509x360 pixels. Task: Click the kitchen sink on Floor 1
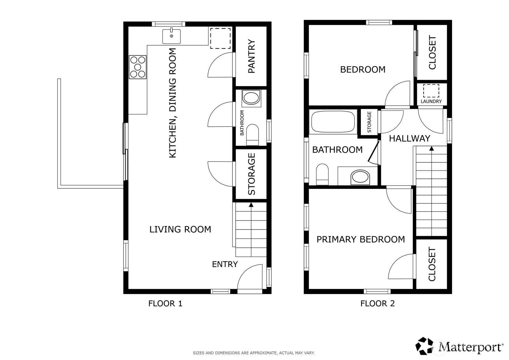pyautogui.click(x=171, y=36)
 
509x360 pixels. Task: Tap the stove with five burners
pyautogui.click(x=138, y=67)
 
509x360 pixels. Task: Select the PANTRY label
pyautogui.click(x=252, y=56)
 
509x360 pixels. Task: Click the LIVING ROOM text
pyautogui.click(x=180, y=229)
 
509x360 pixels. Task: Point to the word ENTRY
pyautogui.click(x=225, y=264)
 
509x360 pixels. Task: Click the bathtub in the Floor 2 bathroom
pyautogui.click(x=333, y=122)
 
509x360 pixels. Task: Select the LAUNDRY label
pyautogui.click(x=431, y=101)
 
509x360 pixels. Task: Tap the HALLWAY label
pyautogui.click(x=409, y=139)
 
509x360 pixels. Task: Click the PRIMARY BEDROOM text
pyautogui.click(x=360, y=239)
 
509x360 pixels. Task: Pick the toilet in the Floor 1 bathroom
pyautogui.click(x=253, y=135)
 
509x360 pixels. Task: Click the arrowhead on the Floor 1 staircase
pyautogui.click(x=251, y=205)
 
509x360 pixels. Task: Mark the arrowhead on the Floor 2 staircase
pyautogui.click(x=431, y=149)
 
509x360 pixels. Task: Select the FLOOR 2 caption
pyautogui.click(x=377, y=304)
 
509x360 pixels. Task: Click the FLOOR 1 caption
pyautogui.click(x=165, y=304)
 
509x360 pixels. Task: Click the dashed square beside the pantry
pyautogui.click(x=220, y=38)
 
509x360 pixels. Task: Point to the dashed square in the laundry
pyautogui.click(x=431, y=91)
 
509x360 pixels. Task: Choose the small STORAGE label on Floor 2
pyautogui.click(x=369, y=122)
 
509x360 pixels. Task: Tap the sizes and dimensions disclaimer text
pyautogui.click(x=253, y=353)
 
